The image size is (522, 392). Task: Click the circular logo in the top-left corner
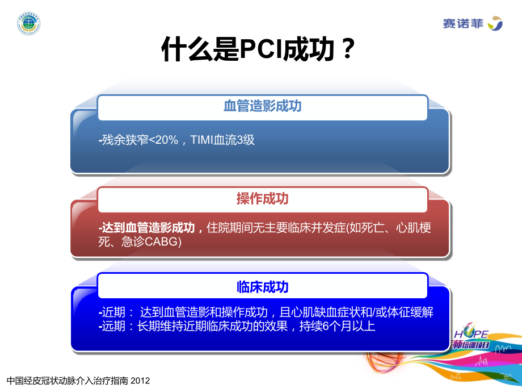click(28, 24)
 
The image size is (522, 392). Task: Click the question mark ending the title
click(350, 51)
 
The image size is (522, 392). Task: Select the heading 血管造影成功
click(262, 106)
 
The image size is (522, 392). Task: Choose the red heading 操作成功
click(262, 198)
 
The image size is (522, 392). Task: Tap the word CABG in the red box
click(161, 243)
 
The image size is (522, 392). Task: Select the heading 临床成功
click(262, 287)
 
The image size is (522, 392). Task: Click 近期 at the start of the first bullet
click(112, 312)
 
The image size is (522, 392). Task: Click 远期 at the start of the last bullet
click(112, 327)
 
